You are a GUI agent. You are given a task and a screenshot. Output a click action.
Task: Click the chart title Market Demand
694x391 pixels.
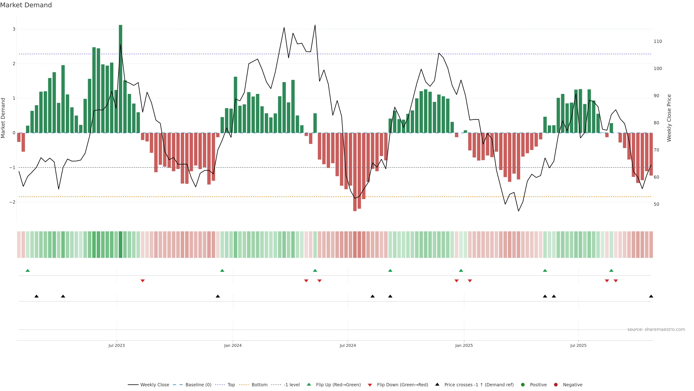point(26,5)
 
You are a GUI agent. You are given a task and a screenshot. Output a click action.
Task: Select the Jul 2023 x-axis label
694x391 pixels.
point(116,345)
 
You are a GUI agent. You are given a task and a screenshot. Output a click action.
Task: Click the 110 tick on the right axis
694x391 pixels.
point(658,42)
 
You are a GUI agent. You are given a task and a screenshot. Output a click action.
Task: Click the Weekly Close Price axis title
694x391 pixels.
point(669,118)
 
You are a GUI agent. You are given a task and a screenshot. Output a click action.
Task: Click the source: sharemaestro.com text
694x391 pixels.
point(656,329)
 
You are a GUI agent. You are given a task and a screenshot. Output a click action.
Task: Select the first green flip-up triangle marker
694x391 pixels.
point(27,270)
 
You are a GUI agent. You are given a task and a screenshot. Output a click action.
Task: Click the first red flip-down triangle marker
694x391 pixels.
point(143,281)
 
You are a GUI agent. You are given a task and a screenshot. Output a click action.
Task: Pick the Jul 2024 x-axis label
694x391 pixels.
point(348,345)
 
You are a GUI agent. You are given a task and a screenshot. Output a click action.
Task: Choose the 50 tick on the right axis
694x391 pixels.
point(656,205)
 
